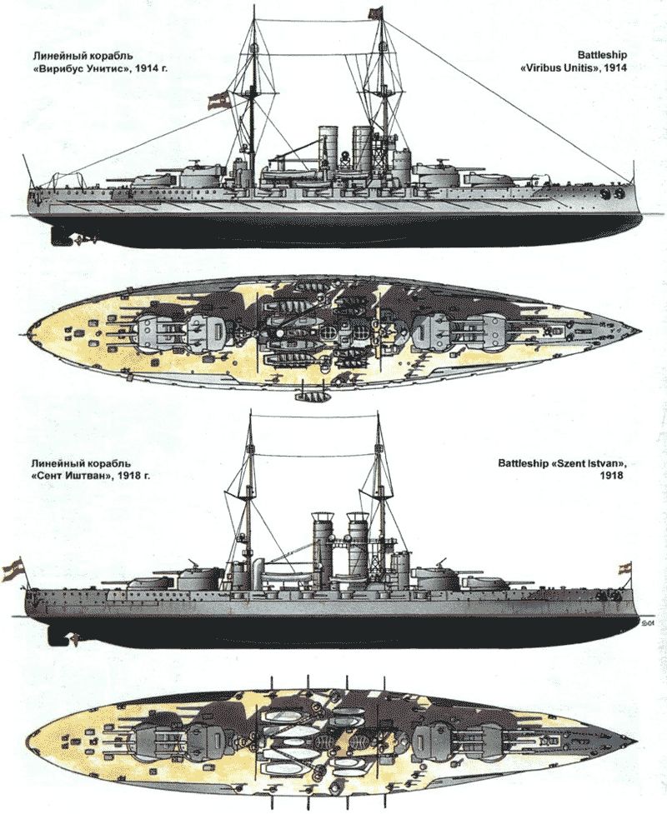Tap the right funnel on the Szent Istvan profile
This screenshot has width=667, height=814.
(359, 542)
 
